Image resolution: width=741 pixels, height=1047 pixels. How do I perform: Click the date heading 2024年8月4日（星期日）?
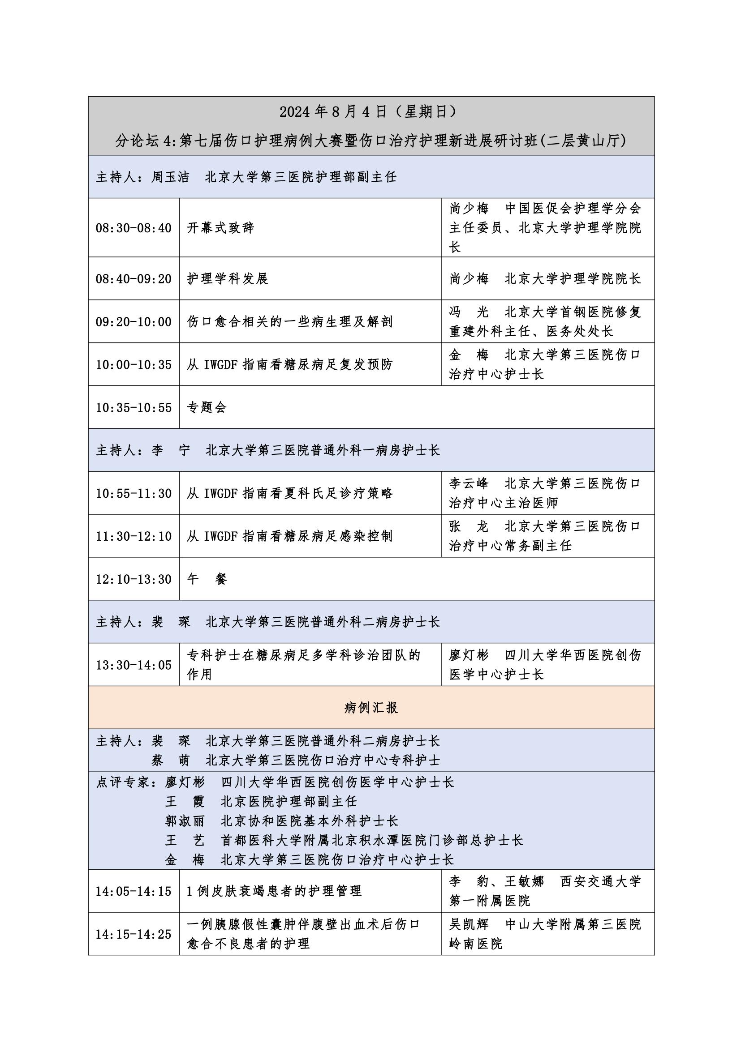pyautogui.click(x=370, y=112)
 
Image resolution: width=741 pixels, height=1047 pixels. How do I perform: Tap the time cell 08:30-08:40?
pyautogui.click(x=133, y=227)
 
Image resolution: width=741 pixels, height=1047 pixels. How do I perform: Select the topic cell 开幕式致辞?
pyautogui.click(x=220, y=227)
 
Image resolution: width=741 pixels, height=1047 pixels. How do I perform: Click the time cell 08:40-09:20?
pyautogui.click(x=133, y=278)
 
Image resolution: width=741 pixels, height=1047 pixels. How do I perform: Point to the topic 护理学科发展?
pyautogui.click(x=227, y=278)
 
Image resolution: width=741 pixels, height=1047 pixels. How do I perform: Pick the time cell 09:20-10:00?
pyautogui.click(x=133, y=321)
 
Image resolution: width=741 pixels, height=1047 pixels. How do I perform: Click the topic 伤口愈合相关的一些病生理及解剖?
pyautogui.click(x=290, y=321)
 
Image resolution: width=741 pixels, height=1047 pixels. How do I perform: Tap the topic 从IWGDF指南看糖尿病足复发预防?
pyautogui.click(x=290, y=364)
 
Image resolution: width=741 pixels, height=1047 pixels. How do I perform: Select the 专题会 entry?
pyautogui.click(x=207, y=407)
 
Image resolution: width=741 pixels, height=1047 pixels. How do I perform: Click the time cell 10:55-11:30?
pyautogui.click(x=133, y=493)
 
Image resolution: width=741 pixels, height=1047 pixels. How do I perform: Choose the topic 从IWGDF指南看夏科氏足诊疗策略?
pyautogui.click(x=290, y=493)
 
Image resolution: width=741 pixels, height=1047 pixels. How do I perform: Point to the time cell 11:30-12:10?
pyautogui.click(x=133, y=536)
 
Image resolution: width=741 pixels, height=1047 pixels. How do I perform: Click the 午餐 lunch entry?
pyautogui.click(x=207, y=579)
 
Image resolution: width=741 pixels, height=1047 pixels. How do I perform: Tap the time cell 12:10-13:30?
pyautogui.click(x=133, y=579)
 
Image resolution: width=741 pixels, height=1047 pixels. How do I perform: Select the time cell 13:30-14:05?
pyautogui.click(x=133, y=665)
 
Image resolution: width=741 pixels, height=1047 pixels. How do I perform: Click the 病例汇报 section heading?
pyautogui.click(x=371, y=708)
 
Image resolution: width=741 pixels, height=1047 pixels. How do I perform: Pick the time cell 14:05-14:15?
pyautogui.click(x=133, y=891)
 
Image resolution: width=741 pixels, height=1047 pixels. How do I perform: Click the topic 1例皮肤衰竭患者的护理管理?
pyautogui.click(x=274, y=891)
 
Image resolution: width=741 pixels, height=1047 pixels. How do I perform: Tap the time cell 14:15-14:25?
pyautogui.click(x=133, y=934)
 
